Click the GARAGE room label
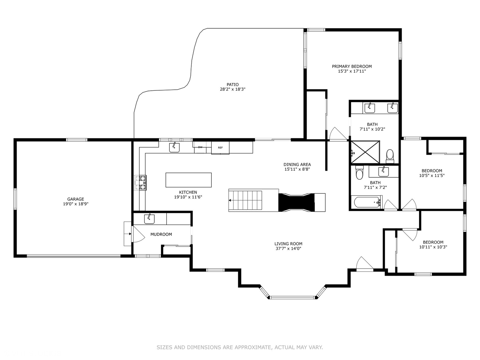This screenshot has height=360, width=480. (75, 199)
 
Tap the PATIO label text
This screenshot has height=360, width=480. (232, 85)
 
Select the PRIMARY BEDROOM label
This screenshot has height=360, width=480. (352, 66)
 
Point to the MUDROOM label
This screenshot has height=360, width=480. (161, 234)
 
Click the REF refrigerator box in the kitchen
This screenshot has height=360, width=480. (220, 148)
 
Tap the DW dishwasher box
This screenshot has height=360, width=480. (200, 147)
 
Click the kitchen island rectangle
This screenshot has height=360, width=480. (189, 180)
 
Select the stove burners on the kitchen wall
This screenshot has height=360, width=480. (140, 183)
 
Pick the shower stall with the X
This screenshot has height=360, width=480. (365, 152)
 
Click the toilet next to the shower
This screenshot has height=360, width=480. (390, 156)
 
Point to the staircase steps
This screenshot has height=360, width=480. (245, 200)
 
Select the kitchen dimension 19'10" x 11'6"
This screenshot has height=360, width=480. (188, 197)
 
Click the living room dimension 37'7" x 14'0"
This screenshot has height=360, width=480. (288, 249)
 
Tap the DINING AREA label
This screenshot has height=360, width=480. (297, 165)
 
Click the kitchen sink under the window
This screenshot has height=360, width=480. (174, 147)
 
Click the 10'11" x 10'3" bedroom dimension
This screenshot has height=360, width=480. (433, 247)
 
